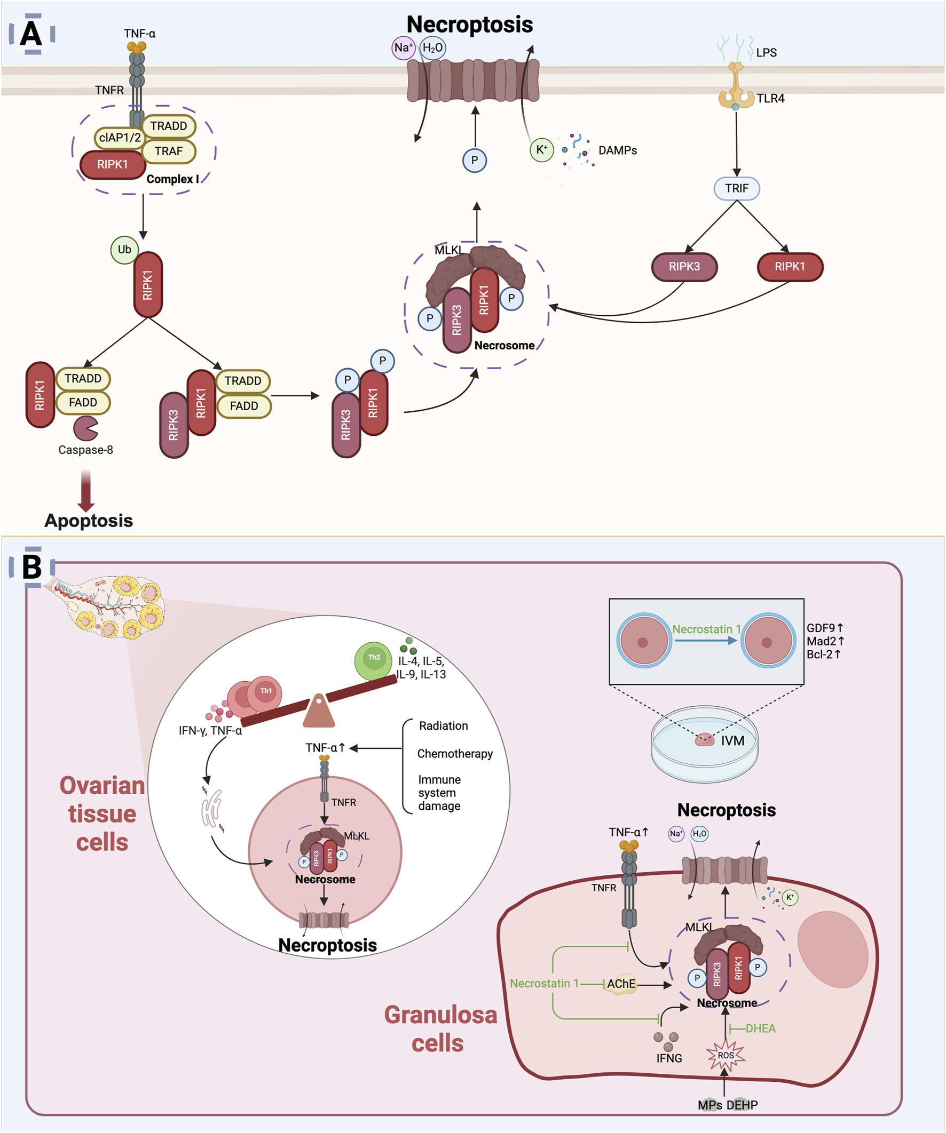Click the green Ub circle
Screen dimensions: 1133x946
(x=124, y=250)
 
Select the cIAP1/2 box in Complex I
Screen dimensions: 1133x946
(x=120, y=138)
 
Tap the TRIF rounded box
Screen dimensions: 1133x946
(x=737, y=188)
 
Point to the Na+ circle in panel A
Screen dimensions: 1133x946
(x=403, y=47)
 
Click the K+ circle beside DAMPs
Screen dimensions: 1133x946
(x=541, y=150)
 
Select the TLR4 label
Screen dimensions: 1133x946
(x=770, y=98)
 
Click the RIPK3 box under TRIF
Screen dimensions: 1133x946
(x=684, y=267)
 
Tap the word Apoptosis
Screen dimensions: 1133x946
(x=89, y=521)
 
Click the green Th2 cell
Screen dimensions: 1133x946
(x=373, y=660)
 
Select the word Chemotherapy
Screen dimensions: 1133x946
(x=455, y=754)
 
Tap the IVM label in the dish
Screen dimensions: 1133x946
(x=732, y=741)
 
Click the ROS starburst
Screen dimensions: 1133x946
(x=726, y=1056)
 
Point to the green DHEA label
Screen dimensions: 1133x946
(x=760, y=1028)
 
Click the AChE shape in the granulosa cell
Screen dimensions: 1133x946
(x=621, y=984)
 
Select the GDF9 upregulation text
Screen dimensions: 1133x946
(x=824, y=628)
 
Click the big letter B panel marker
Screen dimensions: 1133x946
(x=31, y=567)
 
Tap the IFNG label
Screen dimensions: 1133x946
(x=669, y=1058)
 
